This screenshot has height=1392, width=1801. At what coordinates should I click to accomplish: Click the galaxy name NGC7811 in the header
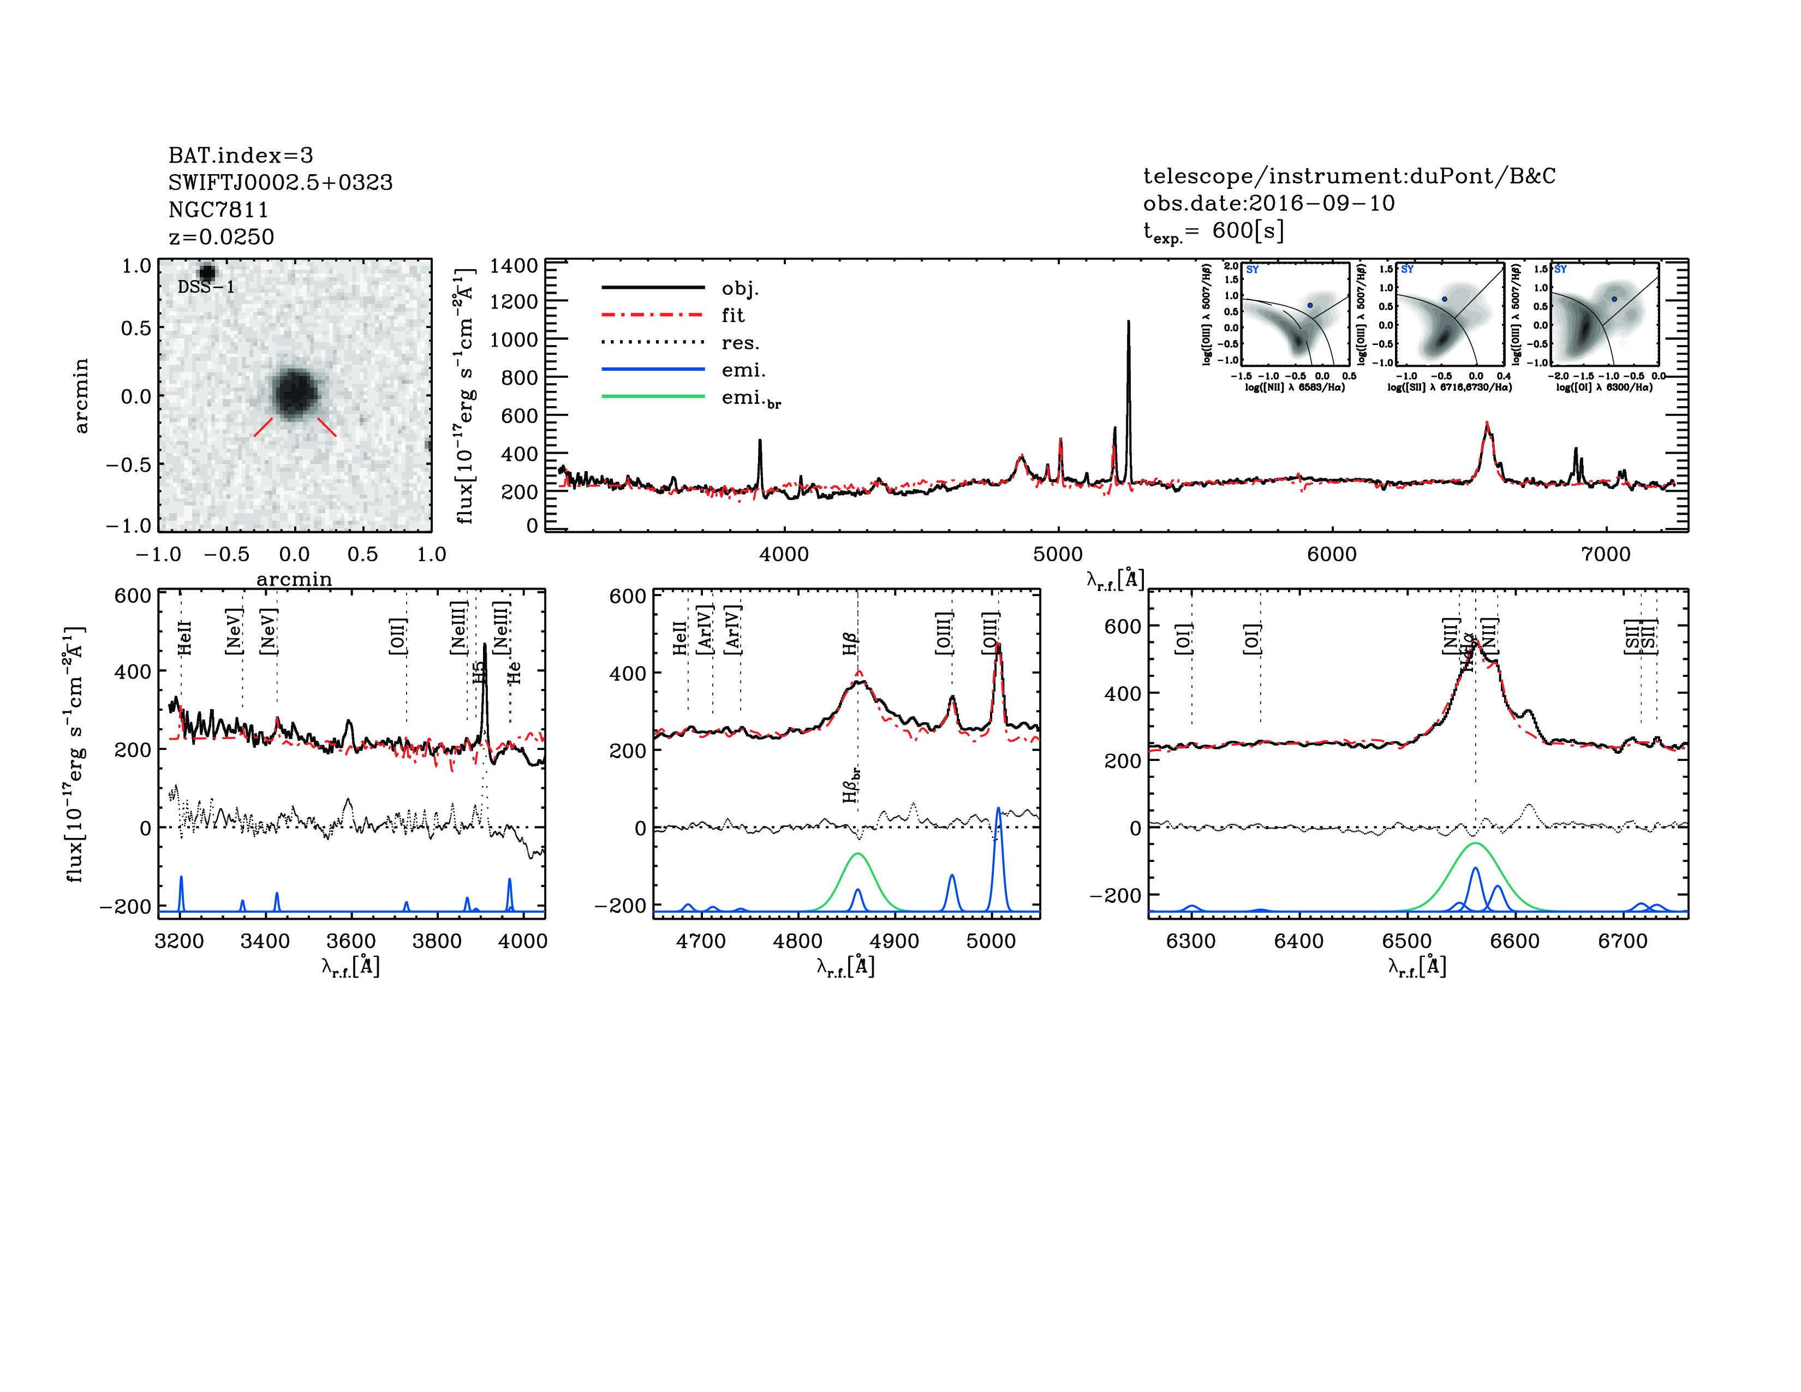(x=218, y=210)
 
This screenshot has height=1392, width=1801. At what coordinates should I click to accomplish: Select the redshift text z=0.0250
(x=221, y=237)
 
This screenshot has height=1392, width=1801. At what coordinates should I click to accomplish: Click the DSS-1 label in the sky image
(x=206, y=288)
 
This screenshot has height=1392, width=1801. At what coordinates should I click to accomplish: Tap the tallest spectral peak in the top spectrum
(x=1128, y=323)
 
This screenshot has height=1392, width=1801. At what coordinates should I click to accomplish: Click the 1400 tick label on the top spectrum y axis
(x=514, y=265)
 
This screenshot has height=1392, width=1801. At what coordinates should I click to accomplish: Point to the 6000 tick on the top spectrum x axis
(x=1332, y=554)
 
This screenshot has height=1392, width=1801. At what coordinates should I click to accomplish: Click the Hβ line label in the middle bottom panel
(x=850, y=643)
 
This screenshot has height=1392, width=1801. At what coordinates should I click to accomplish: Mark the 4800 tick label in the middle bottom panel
(x=797, y=942)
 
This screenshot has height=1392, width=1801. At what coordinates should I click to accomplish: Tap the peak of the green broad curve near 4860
(x=857, y=854)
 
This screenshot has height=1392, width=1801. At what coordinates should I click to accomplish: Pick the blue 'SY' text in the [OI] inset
(x=1560, y=270)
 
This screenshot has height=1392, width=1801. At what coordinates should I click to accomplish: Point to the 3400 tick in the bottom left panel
(x=266, y=942)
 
